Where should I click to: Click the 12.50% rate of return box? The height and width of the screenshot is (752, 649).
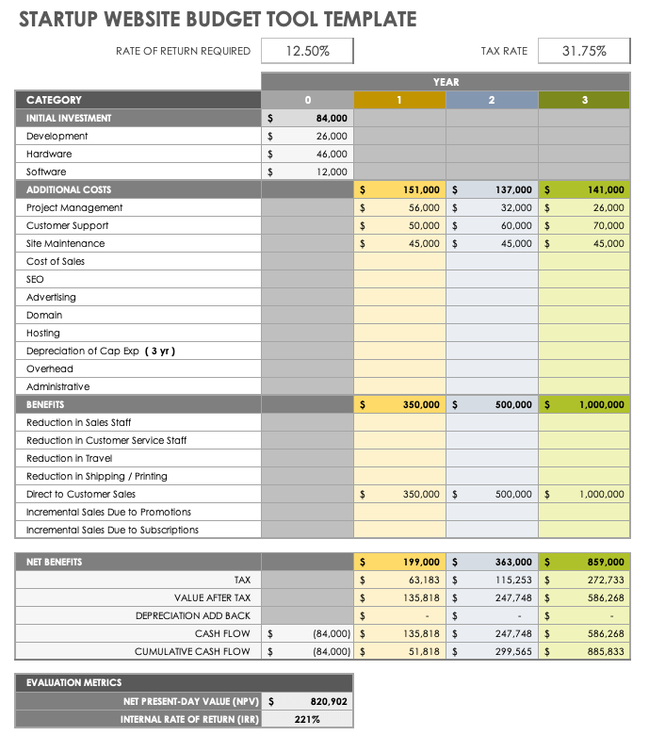coord(307,51)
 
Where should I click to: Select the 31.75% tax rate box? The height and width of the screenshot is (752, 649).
coord(583,51)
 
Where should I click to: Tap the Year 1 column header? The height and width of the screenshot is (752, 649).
coord(399,100)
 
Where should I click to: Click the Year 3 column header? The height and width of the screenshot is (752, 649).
coord(584,100)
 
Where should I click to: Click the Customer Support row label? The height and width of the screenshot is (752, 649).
coord(67,225)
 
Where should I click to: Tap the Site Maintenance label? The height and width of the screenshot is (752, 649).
coord(65,243)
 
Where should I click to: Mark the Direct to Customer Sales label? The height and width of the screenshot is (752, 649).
coord(81,494)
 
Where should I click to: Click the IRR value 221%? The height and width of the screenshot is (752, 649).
coord(307,719)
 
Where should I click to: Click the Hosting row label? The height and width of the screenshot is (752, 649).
coord(43,333)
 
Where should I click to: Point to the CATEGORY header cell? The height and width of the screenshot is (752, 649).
coord(54,100)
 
